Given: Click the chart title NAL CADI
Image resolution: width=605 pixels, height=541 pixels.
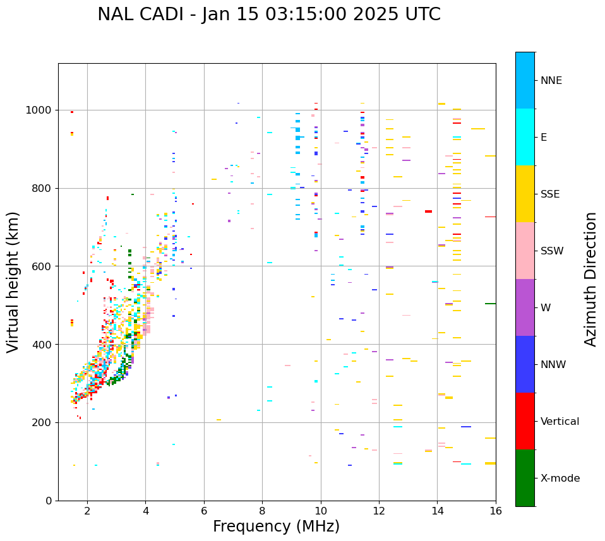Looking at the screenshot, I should coord(268,15).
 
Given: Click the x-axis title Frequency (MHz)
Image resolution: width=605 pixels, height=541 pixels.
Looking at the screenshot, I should coord(276,526).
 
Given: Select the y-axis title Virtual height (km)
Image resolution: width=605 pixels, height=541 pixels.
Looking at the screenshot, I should coord(13,282).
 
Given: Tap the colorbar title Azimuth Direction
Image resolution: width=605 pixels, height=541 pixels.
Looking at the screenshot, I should coord(590,278).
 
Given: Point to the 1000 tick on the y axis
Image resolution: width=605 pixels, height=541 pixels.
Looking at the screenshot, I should coord(41,110).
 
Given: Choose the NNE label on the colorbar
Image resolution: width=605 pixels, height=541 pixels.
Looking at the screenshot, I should coord(551,81).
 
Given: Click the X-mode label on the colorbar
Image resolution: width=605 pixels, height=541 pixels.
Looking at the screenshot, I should coord(560,479).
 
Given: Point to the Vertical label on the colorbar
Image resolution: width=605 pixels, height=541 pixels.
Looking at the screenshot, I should coord(560,422).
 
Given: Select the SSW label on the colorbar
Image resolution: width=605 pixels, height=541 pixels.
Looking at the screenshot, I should coord(552,251).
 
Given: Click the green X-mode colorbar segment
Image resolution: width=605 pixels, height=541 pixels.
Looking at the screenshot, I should coord(525,478).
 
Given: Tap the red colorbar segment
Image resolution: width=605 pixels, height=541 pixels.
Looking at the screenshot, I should coord(525,421).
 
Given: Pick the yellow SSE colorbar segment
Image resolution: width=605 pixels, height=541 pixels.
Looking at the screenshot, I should coord(525,194).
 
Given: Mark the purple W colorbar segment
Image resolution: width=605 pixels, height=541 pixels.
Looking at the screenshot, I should coord(525,307).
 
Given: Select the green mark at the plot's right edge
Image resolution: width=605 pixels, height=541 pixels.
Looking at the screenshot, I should coord(490,304).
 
